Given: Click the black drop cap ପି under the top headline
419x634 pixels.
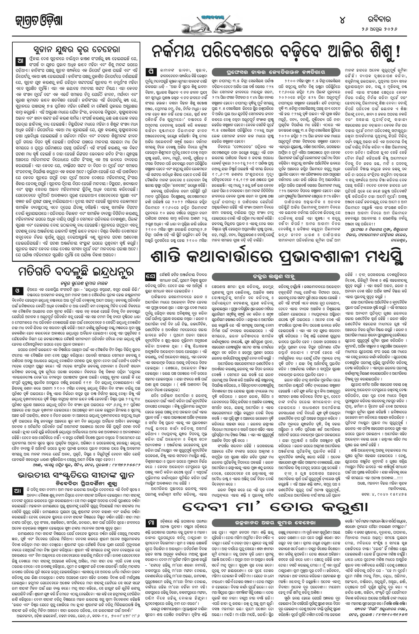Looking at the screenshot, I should point(150,72).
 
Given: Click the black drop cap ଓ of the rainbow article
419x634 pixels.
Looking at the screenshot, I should point(17,290).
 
